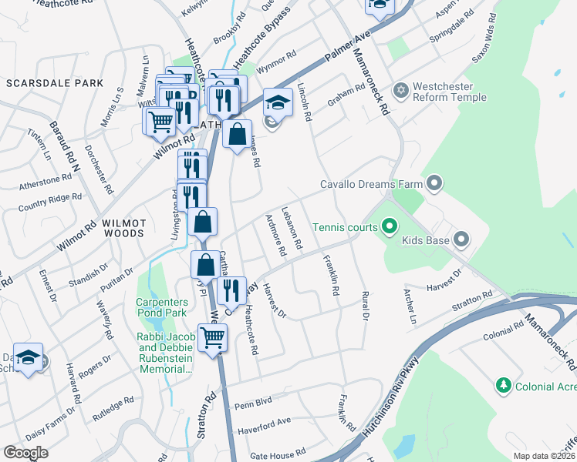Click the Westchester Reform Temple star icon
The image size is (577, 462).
coord(400,92)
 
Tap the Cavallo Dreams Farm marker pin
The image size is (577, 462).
coord(434,184)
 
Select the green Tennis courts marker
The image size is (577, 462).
coord(389,227)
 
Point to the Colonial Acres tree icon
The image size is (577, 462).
coord(504,384)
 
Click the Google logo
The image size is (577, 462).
coord(26,452)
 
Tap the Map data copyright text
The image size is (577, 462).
coord(543,456)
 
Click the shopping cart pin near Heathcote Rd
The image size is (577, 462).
coord(212,336)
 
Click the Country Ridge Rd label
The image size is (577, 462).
coord(49,203)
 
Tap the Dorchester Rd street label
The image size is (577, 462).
coord(99,169)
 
